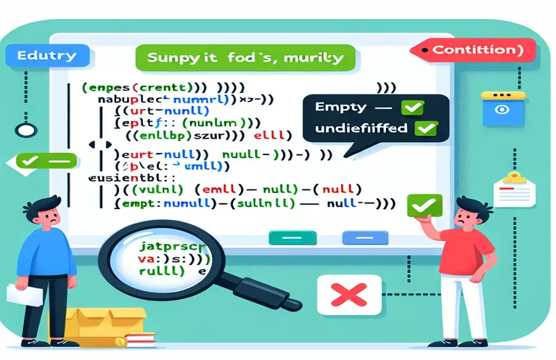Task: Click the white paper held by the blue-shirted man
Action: click(17, 292)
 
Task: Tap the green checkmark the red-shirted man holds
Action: click(420, 206)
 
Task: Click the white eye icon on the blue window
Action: click(501, 109)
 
